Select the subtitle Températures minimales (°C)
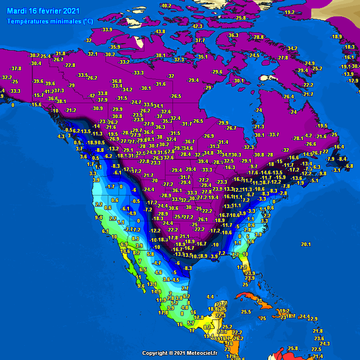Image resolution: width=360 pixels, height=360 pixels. pyautogui.click(x=50, y=21)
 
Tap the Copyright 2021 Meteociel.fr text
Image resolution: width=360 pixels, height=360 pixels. pyautogui.click(x=180, y=353)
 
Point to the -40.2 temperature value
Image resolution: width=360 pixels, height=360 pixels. pyautogui.click(x=165, y=6)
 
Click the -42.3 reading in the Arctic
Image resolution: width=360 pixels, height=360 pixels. pyautogui.click(x=197, y=26)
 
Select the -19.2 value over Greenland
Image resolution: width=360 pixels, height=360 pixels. pyautogui.click(x=289, y=12)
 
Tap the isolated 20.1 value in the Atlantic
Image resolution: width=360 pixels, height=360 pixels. pyautogui.click(x=306, y=244)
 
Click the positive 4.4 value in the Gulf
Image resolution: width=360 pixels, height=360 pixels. pyautogui.click(x=210, y=297)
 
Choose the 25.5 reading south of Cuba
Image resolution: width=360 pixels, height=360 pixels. pyautogui.click(x=246, y=312)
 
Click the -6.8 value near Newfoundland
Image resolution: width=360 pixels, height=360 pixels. pyautogui.click(x=349, y=166)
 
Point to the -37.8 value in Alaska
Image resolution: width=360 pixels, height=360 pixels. pyautogui.click(x=16, y=69)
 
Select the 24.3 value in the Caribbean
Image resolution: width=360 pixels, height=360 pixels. pyautogui.click(x=325, y=344)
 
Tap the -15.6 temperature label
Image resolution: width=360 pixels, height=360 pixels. pyautogui.click(x=36, y=105)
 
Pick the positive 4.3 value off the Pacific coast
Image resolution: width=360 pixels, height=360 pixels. pyautogui.click(x=61, y=136)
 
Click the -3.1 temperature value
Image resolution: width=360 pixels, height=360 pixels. pyautogui.click(x=336, y=170)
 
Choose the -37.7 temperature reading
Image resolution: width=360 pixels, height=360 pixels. pyautogui.click(x=200, y=41)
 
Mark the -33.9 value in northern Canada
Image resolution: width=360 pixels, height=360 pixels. pyautogui.click(x=107, y=30)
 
